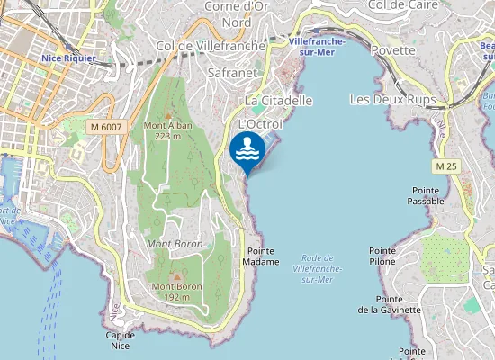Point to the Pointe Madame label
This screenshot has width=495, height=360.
tap(261, 256)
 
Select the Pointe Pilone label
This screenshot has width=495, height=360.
tap(382, 256)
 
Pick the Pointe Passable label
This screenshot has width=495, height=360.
tap(427, 195)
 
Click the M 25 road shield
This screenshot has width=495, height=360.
tap(445, 166)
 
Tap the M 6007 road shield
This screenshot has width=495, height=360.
tap(106, 128)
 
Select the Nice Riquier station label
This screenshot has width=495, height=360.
tap(68, 58)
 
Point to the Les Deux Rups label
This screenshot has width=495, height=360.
tap(391, 98)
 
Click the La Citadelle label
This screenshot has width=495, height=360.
tap(279, 100)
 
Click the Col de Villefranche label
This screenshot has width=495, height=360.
tap(211, 45)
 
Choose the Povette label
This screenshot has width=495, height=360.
tap(392, 50)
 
